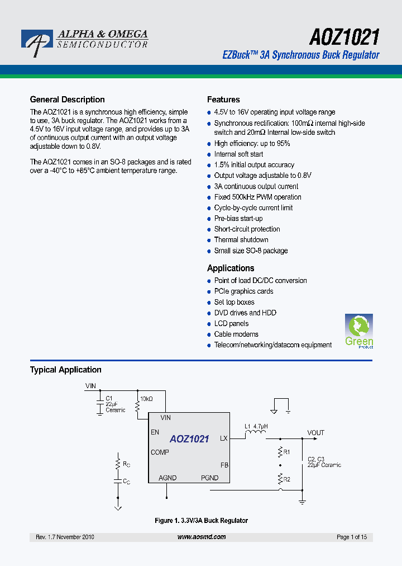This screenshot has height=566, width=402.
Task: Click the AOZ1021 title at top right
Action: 344,37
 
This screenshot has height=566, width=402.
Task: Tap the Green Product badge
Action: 358,331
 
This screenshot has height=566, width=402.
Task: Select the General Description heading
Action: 67,100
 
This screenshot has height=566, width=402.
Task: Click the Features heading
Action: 223,100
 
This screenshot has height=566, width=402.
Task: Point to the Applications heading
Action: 231,268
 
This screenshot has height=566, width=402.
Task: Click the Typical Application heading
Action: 65,370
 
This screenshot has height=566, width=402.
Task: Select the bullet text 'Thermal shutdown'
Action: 241,240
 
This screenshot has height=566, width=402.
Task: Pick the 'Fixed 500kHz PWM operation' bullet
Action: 257,197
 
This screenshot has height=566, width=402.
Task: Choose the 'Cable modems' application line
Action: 236,334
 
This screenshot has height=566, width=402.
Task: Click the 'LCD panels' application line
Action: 231,324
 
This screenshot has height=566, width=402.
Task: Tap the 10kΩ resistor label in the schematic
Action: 146,399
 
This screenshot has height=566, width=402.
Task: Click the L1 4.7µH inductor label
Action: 256,427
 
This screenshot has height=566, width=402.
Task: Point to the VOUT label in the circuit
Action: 315,433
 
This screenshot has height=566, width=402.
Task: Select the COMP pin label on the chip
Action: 160,452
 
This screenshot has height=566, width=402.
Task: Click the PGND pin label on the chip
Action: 209,478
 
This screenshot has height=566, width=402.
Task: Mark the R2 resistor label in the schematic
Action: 286,479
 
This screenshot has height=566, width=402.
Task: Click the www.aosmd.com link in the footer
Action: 202,537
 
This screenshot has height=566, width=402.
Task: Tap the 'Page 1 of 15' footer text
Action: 352,537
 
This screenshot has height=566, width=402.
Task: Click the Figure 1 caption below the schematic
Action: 201,521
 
